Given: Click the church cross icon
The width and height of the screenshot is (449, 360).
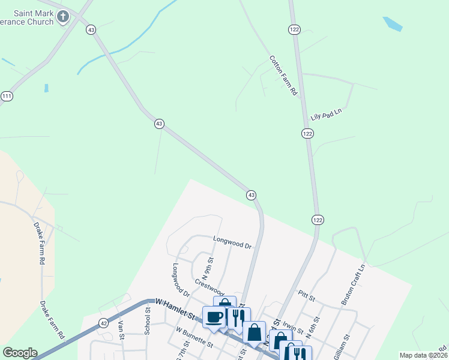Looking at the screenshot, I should click(x=64, y=16).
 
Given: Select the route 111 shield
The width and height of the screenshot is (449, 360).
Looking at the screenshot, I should click(x=7, y=96).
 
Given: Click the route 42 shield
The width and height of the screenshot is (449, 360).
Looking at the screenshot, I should click(x=104, y=323).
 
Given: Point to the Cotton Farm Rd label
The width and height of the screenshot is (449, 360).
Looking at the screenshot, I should click(x=283, y=76).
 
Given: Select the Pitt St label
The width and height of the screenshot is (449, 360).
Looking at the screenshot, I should click(x=306, y=298).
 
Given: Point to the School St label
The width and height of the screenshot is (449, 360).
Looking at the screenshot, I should click(x=148, y=322).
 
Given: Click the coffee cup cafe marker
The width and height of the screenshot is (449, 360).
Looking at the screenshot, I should click(x=213, y=317).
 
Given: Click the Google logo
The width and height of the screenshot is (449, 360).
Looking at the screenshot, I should click(x=20, y=353).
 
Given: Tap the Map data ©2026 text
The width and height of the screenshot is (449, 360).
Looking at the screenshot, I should click(x=423, y=355).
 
